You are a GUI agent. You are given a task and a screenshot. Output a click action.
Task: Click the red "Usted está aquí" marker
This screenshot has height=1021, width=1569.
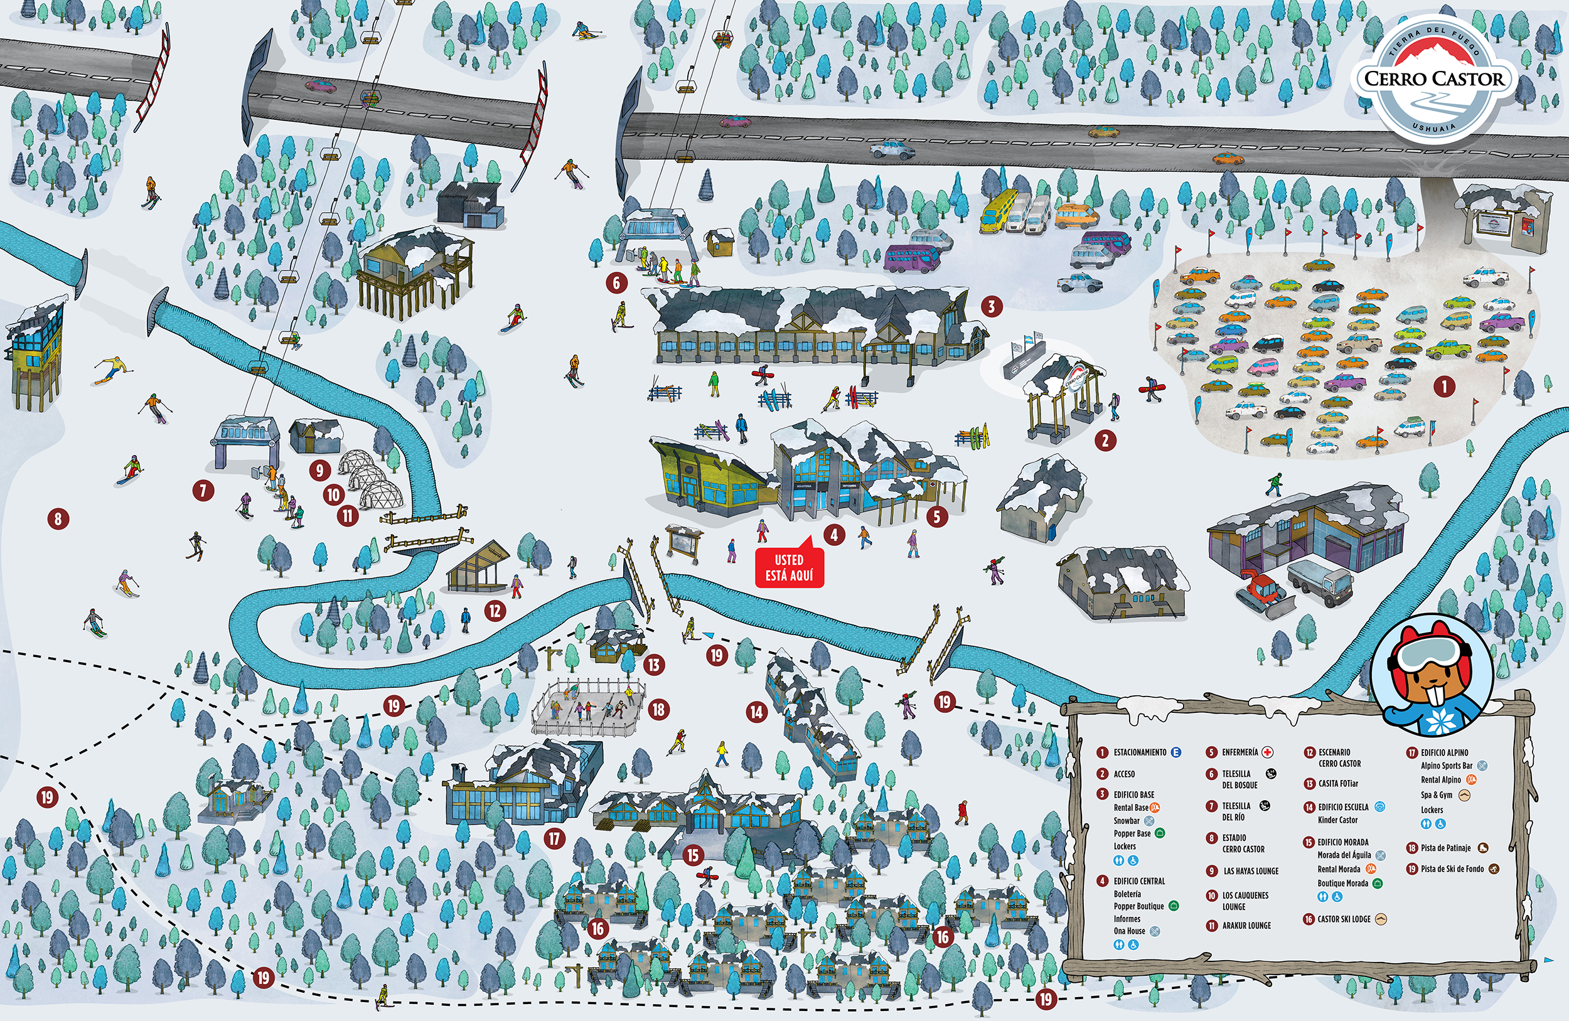(x=789, y=567)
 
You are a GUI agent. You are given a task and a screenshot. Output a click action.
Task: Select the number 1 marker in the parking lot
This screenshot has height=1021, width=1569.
(x=1444, y=387)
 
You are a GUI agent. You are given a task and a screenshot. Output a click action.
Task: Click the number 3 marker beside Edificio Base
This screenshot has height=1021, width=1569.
(x=991, y=306)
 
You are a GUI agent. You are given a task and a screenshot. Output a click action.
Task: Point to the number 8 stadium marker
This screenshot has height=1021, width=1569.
(x=58, y=519)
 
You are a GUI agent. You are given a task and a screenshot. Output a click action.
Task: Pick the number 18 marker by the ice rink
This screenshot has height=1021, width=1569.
(x=658, y=709)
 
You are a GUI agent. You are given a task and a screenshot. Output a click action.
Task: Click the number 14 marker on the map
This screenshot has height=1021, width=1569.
(x=757, y=712)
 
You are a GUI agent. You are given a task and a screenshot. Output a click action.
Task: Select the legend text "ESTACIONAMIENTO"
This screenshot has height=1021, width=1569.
(x=1140, y=752)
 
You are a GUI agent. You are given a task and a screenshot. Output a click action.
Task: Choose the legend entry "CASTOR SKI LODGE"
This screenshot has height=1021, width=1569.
(x=1344, y=919)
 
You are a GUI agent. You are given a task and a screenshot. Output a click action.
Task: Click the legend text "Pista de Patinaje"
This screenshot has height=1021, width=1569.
(x=1446, y=848)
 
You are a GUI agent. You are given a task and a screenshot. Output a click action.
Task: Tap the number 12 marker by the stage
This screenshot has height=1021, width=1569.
(x=495, y=611)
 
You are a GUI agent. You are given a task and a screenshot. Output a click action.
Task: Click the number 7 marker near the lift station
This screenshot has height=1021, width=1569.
(x=203, y=490)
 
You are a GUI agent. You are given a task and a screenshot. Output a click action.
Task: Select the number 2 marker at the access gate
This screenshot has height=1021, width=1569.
(x=1106, y=441)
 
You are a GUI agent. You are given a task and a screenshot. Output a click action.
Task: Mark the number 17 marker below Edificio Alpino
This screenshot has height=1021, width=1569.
(x=554, y=838)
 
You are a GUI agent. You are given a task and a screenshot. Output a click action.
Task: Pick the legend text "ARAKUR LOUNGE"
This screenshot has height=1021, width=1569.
(x=1246, y=926)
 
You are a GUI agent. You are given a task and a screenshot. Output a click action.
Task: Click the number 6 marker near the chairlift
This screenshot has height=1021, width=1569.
(x=616, y=283)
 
